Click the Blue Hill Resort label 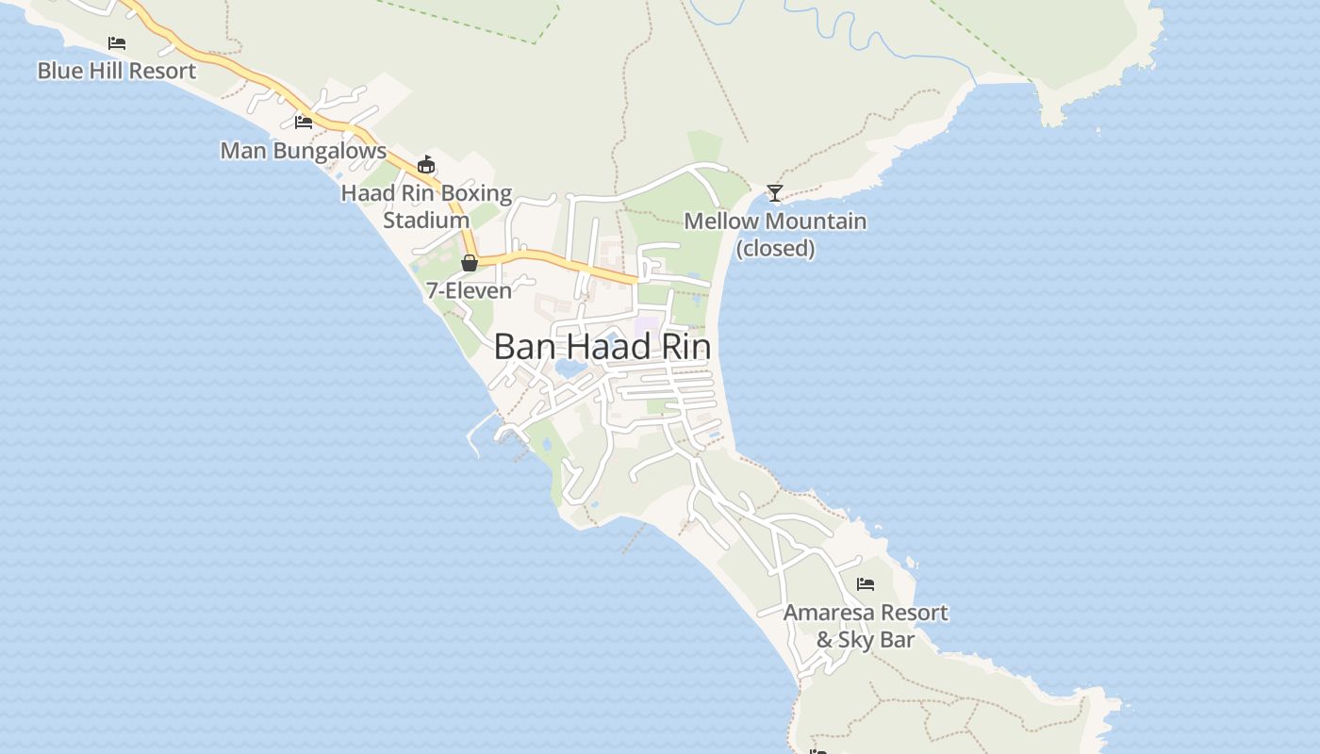pos(117,71)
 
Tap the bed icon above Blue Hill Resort pos(117,43)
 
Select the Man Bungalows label pos(303,151)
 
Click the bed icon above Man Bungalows pos(304,122)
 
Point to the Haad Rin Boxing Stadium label pos(426,206)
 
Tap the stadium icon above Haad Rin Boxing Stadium pos(426,164)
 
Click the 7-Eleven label pos(469,290)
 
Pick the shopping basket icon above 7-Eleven pos(470,263)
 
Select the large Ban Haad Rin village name pos(602,347)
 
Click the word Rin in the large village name pos(682,347)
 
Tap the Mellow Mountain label pos(775,221)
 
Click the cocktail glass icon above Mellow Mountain pos(775,193)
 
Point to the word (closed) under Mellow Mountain pos(775,249)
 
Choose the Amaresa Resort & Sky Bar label pos(866,626)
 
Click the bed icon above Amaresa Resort pos(866,584)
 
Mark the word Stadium pos(426,221)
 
